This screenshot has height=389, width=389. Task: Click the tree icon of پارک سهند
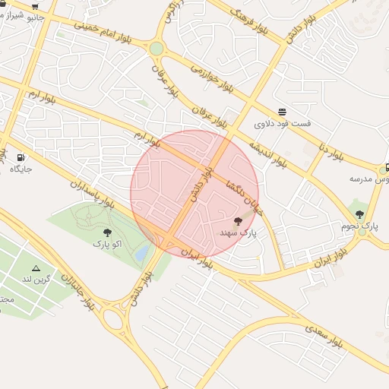239,220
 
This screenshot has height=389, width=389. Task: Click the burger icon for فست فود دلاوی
283,112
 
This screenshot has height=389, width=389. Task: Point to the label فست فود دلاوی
282,123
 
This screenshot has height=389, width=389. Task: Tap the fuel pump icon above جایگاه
20,157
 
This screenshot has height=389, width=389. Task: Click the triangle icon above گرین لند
36,268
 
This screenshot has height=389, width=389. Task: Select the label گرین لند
36,280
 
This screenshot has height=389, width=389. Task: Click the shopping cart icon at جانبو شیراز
35,5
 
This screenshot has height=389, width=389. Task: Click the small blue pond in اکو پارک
142,253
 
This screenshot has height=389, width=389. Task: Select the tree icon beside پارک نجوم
359,213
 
